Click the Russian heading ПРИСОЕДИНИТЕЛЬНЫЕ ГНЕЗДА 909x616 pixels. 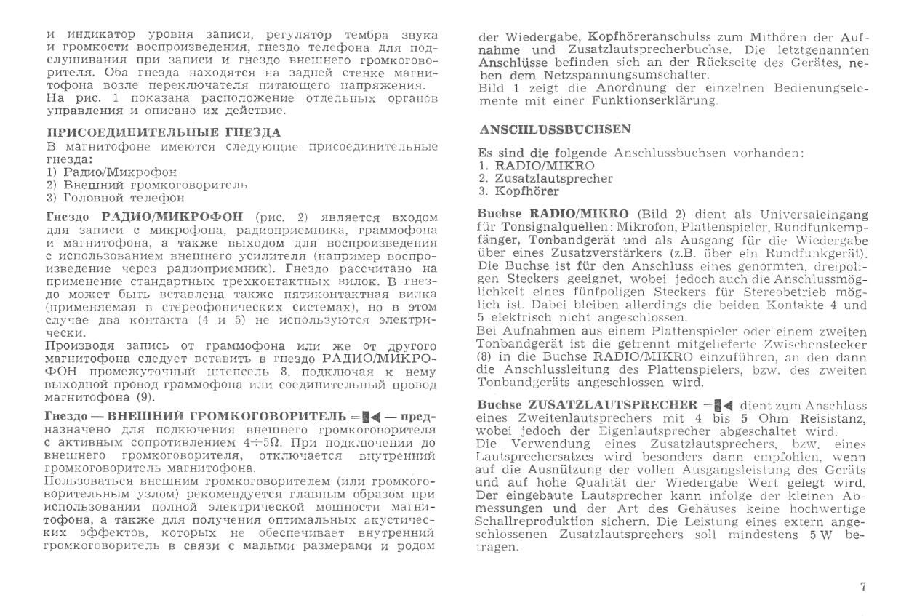[x=163, y=132]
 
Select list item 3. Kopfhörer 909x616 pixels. [x=519, y=191]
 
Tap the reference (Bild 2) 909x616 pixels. [x=660, y=215]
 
